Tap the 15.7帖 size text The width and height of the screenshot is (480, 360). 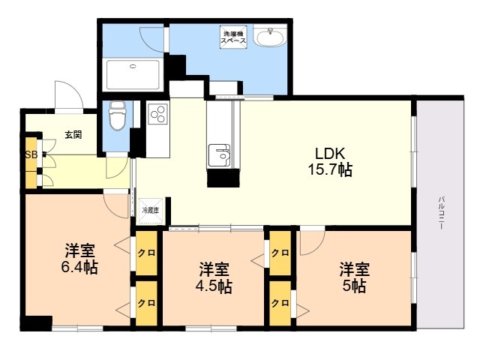[329, 170]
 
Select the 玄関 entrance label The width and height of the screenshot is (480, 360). [73, 135]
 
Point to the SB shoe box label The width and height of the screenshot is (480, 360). [31, 155]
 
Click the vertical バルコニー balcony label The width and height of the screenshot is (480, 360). [442, 213]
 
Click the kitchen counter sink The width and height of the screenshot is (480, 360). [220, 154]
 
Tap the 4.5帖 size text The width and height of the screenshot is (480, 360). [214, 286]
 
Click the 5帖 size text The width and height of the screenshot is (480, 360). [355, 286]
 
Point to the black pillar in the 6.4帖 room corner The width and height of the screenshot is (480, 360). [35, 323]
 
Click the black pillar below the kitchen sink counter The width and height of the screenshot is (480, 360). [223, 178]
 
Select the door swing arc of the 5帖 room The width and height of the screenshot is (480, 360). [312, 241]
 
